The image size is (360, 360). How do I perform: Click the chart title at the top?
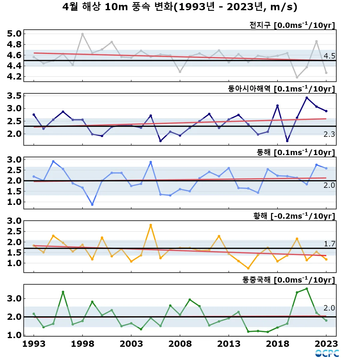pyautogui.click(x=180, y=7)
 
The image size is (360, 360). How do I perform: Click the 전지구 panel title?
pyautogui.click(x=292, y=25)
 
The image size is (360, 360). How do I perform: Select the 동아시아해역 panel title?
pyautogui.click(x=281, y=89)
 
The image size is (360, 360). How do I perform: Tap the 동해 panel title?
pyautogui.click(x=295, y=152)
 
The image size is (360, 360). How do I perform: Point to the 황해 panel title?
pyautogui.click(x=294, y=216)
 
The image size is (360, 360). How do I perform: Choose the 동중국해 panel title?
pyautogui.click(x=288, y=280)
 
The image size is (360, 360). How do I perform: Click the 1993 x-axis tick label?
pyautogui.click(x=34, y=344)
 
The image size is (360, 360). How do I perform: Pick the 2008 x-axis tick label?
pyautogui.click(x=180, y=344)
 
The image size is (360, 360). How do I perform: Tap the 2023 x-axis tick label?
pyautogui.click(x=326, y=344)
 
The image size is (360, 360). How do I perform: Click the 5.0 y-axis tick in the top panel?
pyautogui.click(x=14, y=34)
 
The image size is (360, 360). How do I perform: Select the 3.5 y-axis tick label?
pyautogui.click(x=14, y=96)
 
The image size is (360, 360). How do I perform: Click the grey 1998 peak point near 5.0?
pyautogui.click(x=82, y=34)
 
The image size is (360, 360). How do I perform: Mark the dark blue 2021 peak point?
pyautogui.click(x=307, y=98)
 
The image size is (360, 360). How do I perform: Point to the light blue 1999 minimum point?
pyautogui.click(x=92, y=205)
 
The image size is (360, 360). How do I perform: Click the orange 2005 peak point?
pyautogui.click(x=151, y=225)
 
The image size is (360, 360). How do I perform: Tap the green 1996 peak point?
pyautogui.click(x=63, y=292)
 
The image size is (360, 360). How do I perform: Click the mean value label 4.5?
pyautogui.click(x=329, y=56)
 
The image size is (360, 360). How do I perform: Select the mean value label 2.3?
pyautogui.click(x=329, y=134)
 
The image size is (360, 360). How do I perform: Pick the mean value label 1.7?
pyautogui.click(x=329, y=244)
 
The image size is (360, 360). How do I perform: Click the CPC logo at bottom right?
pyautogui.click(x=327, y=353)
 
